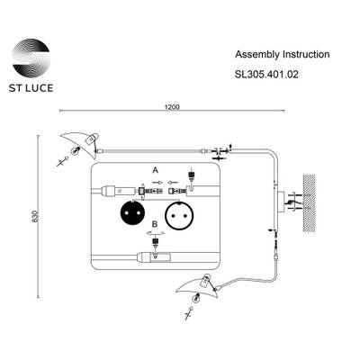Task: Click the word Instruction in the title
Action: pos(305,54)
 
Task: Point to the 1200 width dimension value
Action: pos(172,107)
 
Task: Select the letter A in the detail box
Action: pos(155,168)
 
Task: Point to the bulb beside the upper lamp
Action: pos(63,163)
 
